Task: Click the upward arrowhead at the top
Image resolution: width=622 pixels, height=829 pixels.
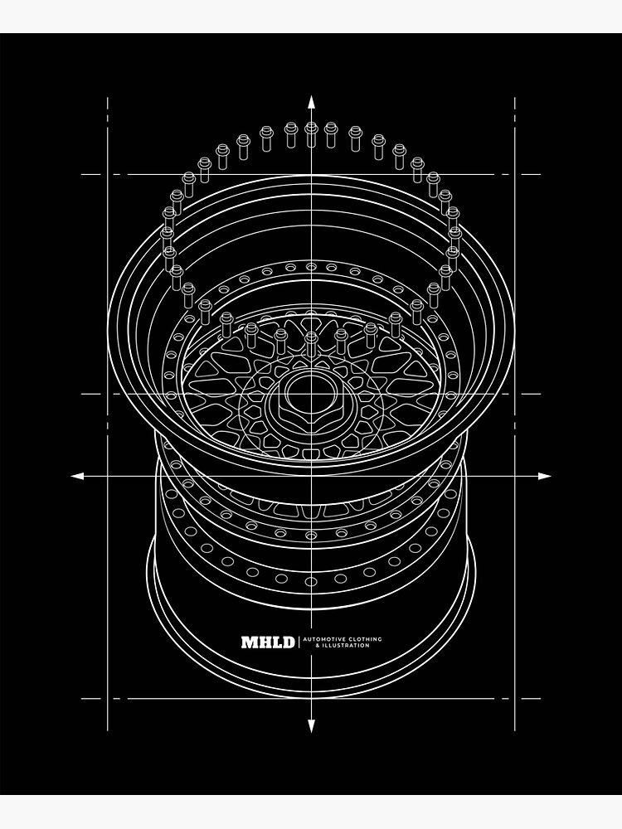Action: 311,103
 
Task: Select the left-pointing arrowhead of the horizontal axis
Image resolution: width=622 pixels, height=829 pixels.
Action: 77,476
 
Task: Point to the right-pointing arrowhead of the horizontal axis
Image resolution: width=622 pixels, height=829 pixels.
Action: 545,476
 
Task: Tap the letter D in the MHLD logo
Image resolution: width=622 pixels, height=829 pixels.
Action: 288,642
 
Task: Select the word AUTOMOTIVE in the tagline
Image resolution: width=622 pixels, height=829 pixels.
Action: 321,638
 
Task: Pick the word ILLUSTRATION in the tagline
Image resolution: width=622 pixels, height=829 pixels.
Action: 339,645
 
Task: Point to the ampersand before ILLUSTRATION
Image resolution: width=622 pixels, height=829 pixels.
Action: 306,645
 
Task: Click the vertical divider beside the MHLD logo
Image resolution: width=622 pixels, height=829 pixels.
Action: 299,642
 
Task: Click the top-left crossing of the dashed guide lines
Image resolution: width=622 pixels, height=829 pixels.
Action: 108,174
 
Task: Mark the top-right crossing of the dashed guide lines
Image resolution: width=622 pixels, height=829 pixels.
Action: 515,174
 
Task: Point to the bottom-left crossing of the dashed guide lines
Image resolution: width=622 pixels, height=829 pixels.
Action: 108,698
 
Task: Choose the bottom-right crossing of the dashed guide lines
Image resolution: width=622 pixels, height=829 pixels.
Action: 515,698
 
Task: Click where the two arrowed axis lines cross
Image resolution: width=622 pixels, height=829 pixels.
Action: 311,476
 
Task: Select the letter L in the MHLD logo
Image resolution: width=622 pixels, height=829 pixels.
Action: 276,642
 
